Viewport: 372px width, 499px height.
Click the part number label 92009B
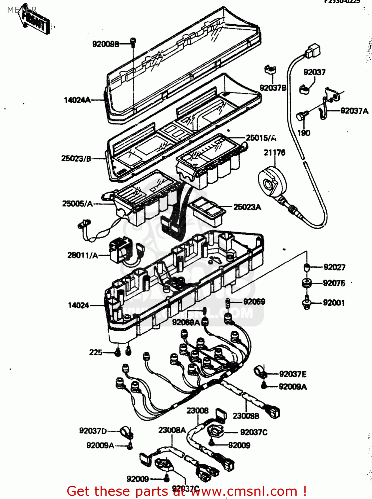[105, 44]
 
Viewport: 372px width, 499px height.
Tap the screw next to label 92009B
[133, 42]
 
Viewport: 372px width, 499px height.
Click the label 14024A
[77, 100]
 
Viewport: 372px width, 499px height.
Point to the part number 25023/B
[76, 159]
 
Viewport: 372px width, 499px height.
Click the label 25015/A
[261, 138]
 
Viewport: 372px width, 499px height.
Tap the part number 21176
[274, 153]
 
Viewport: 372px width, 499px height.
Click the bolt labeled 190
[301, 116]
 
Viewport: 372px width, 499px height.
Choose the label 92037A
[354, 111]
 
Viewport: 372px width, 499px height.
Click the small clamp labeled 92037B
[270, 70]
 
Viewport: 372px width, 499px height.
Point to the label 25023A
[247, 207]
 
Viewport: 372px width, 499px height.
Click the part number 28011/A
[83, 255]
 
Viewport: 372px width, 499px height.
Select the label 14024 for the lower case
[78, 305]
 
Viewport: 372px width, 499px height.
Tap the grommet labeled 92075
[306, 283]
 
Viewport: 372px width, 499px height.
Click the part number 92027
[334, 267]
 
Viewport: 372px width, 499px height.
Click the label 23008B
[246, 416]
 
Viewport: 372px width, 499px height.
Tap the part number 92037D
[93, 431]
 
